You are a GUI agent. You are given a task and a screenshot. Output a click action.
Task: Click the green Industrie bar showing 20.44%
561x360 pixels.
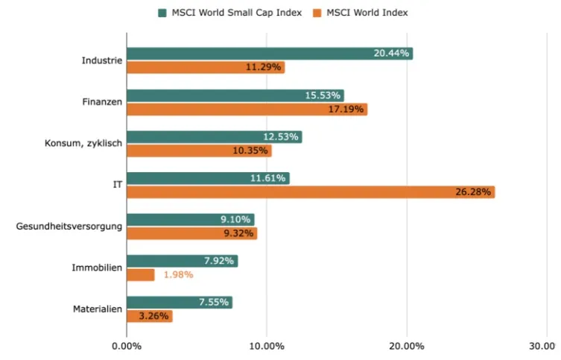(269, 54)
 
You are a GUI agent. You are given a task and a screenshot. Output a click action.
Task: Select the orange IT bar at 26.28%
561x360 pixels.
(311, 192)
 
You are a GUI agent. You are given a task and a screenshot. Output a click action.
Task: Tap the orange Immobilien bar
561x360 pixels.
(141, 275)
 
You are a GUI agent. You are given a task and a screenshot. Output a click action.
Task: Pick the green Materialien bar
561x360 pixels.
(180, 303)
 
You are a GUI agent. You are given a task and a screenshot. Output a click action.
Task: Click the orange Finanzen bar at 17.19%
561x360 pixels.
(247, 110)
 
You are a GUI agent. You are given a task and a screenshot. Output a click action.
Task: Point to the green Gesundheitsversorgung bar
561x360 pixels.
(190, 220)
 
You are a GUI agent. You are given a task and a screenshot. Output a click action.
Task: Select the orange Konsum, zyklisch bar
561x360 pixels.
(199, 151)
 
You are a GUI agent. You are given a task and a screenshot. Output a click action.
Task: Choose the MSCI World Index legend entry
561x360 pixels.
(367, 13)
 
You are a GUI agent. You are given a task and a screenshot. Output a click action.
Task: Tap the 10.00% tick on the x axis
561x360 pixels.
(267, 346)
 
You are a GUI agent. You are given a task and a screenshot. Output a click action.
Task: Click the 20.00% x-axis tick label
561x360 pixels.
(407, 346)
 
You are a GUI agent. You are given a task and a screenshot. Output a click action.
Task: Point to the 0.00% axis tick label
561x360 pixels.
(127, 346)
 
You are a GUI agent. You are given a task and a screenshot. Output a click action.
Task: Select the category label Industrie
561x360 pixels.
(102, 60)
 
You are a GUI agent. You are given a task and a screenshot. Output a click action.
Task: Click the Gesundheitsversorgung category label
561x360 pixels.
(69, 226)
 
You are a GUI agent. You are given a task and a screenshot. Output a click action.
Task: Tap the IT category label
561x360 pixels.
(117, 185)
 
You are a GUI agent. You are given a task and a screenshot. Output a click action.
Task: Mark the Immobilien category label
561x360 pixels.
(97, 268)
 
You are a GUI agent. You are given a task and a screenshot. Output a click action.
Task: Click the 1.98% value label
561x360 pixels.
(178, 275)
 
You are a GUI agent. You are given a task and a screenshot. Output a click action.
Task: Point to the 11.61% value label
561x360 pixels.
(267, 178)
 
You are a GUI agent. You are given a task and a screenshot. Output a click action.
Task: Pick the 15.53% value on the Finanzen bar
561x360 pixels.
(323, 95)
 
